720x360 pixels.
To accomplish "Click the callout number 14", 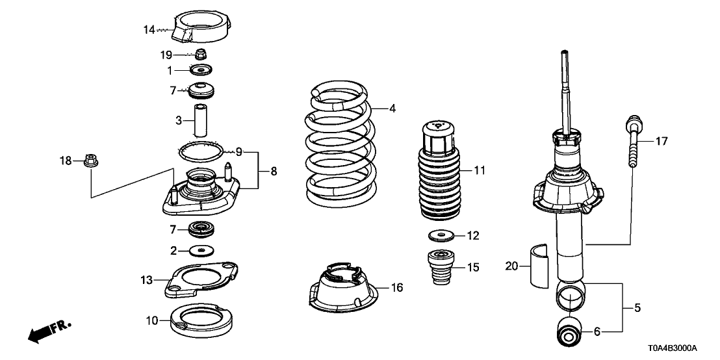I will pos(149,29).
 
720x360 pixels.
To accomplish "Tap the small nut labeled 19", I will pos(201,55).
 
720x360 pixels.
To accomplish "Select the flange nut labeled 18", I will pos(90,161).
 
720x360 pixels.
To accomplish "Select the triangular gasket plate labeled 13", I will pos(198,278).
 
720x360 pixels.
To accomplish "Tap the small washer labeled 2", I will pos(201,250).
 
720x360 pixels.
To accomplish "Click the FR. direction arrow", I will pos(48,330).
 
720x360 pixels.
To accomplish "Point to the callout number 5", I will pos(637,308).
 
